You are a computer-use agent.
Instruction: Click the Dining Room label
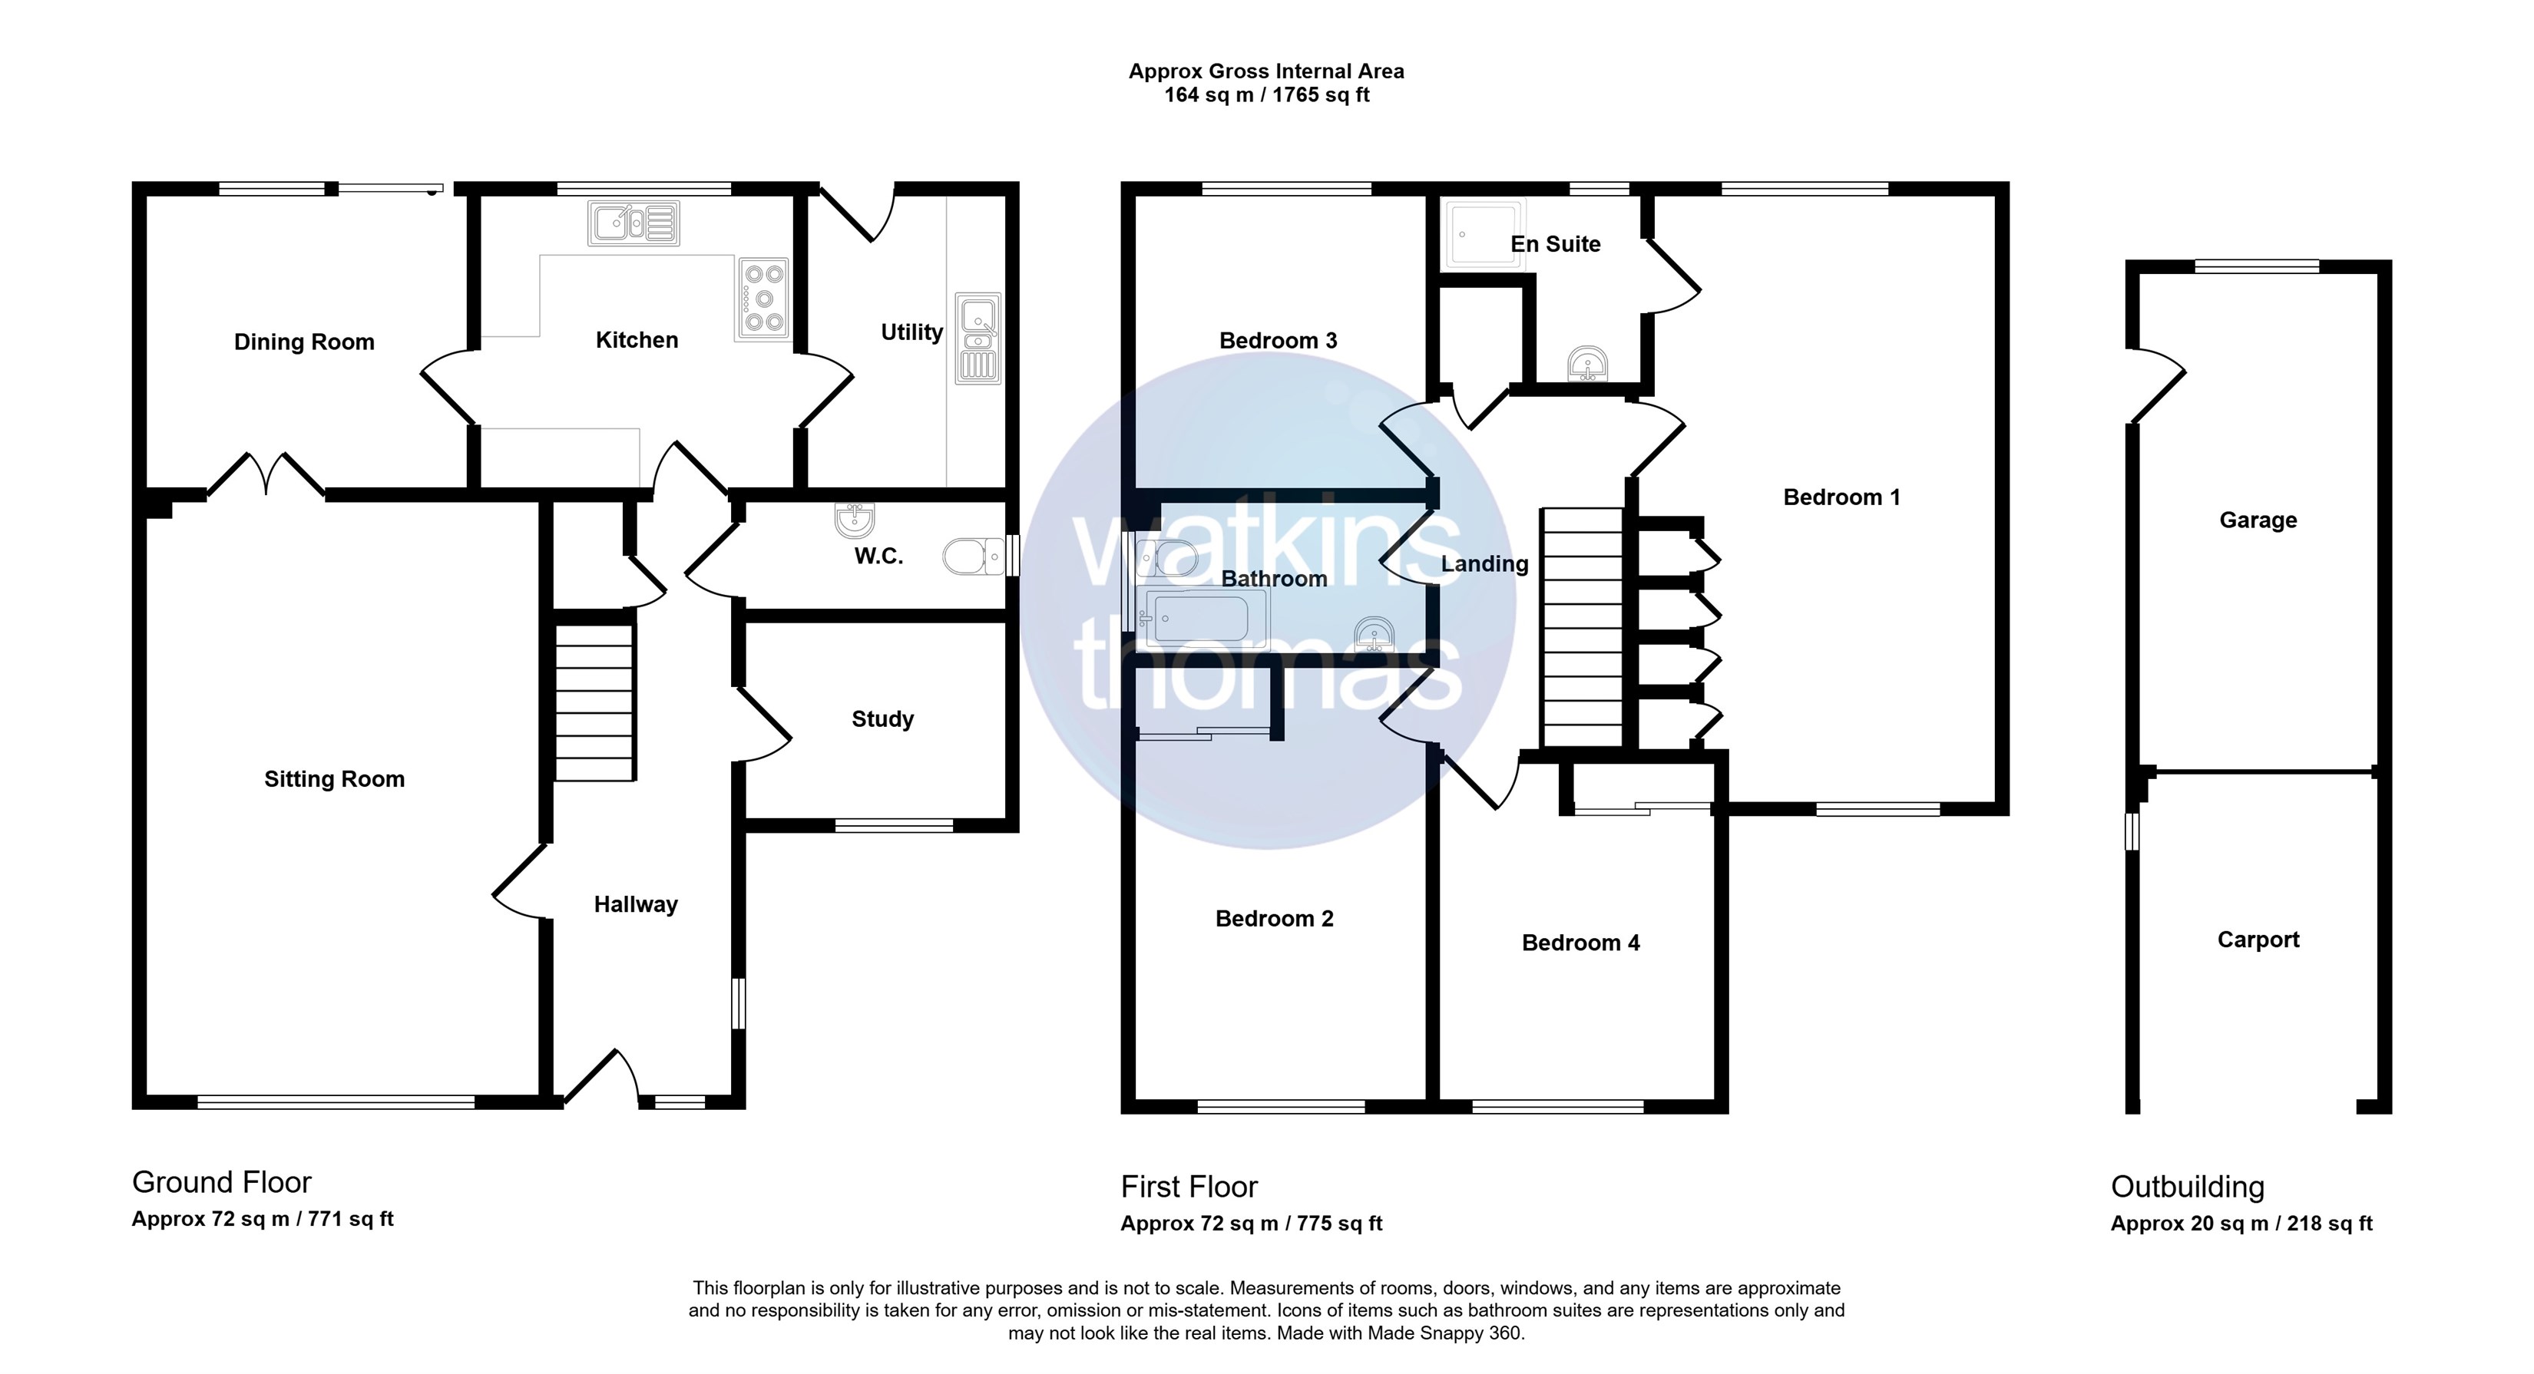[304, 342]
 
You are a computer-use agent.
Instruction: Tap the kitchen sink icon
[634, 223]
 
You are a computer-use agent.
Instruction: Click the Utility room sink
[978, 339]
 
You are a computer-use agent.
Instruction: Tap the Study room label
[882, 719]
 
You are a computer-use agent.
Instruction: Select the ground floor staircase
[595, 702]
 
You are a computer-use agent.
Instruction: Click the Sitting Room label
[335, 779]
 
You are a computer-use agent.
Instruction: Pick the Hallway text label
[636, 905]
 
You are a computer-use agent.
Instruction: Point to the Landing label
[1484, 563]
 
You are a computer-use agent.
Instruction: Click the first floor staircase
[1582, 627]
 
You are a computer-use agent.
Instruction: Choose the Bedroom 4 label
[1581, 943]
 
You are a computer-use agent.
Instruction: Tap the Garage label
[2258, 520]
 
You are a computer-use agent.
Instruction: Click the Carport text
[2258, 940]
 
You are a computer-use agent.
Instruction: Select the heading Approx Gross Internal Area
[1266, 71]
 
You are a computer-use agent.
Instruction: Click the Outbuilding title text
[2188, 1187]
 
